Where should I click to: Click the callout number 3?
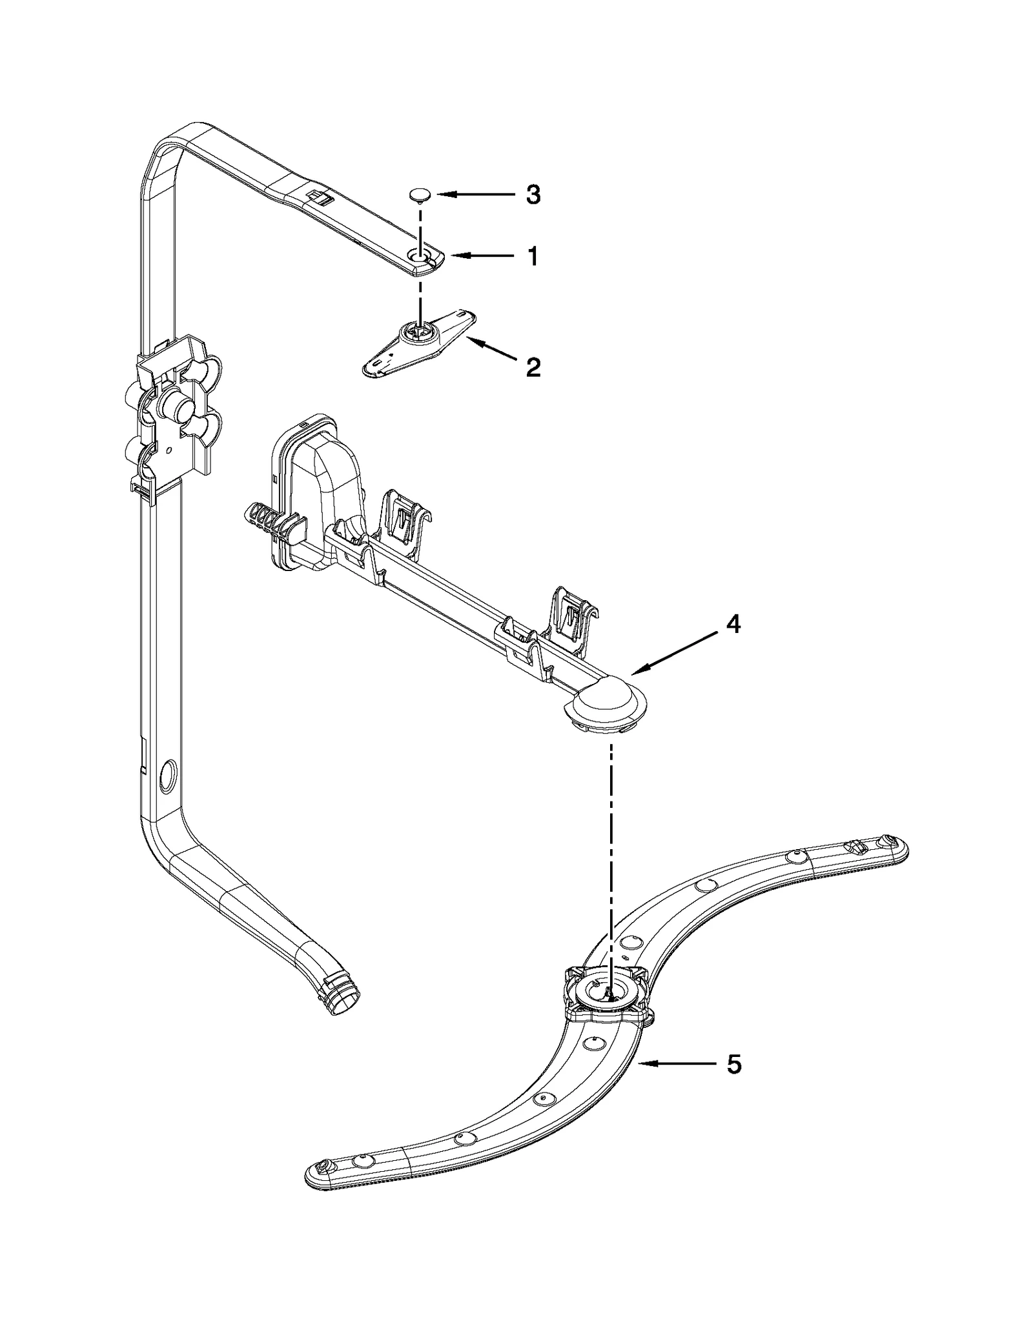pos(533,194)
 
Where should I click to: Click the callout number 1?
pos(533,257)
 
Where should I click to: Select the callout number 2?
pos(533,367)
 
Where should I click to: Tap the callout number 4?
pos(731,624)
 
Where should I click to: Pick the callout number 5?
pos(733,1064)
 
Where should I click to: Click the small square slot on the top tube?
pos(317,196)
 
